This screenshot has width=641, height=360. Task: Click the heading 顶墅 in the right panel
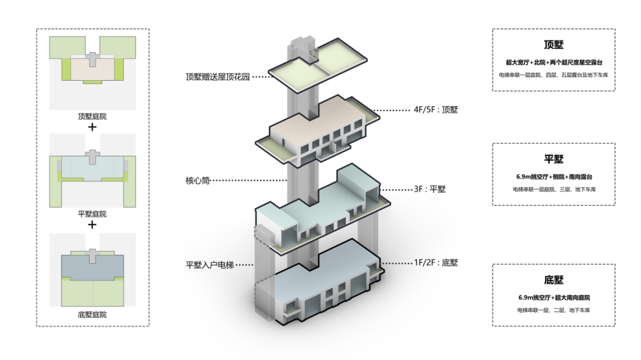click(x=553, y=45)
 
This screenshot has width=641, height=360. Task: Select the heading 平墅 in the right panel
click(x=553, y=160)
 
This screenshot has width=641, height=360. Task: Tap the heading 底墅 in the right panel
click(x=553, y=280)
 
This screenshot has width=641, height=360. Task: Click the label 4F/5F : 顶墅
click(x=436, y=110)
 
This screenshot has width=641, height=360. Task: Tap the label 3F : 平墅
click(x=429, y=190)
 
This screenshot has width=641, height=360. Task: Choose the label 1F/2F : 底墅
click(x=436, y=263)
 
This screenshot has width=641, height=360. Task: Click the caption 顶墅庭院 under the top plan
click(x=92, y=117)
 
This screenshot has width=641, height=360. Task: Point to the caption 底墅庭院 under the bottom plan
click(x=92, y=314)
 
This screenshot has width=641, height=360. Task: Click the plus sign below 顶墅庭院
click(x=92, y=127)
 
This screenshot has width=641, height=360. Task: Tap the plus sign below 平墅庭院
click(x=92, y=225)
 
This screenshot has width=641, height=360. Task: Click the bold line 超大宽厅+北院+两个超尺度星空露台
click(x=553, y=62)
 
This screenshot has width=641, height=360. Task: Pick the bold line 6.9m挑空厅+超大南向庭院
click(x=553, y=297)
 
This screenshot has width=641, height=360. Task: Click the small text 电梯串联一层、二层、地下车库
click(x=553, y=310)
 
